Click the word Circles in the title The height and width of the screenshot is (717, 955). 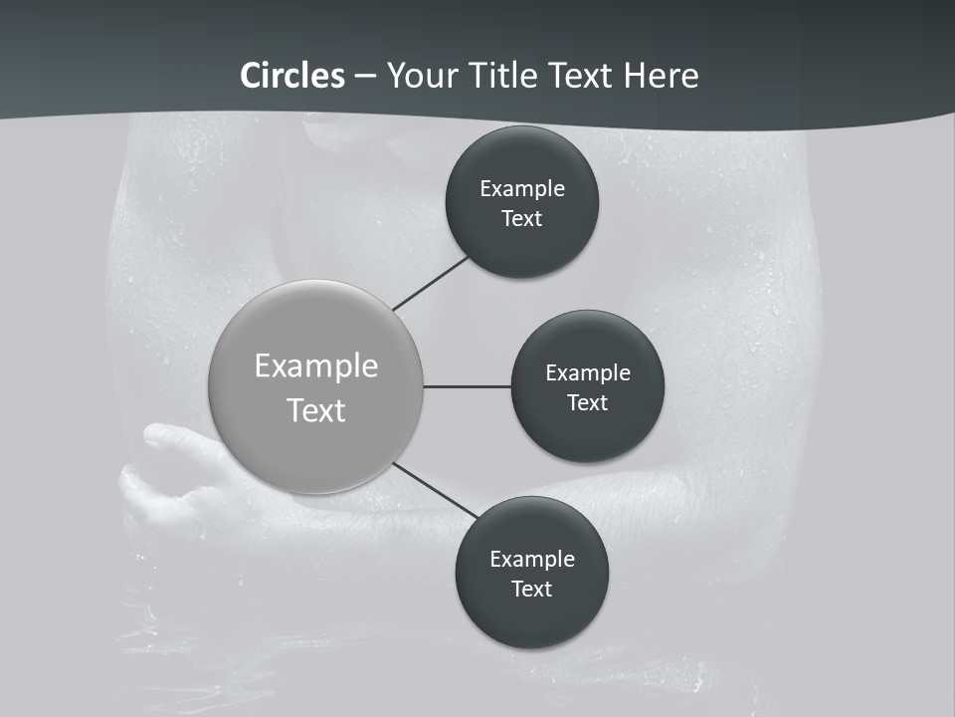[292, 75]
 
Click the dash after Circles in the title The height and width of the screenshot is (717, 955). [365, 77]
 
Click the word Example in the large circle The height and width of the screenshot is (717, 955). [316, 366]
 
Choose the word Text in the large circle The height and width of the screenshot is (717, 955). [316, 410]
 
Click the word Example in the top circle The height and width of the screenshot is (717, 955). [521, 188]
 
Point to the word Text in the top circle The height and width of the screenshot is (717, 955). [521, 218]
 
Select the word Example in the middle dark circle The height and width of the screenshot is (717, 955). [587, 372]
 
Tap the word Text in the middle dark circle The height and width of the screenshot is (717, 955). [587, 402]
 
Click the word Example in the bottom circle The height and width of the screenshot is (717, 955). [531, 559]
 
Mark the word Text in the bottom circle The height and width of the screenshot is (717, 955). [531, 589]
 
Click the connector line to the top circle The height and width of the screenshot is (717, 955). [432, 283]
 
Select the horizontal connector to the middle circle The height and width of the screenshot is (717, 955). [468, 386]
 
